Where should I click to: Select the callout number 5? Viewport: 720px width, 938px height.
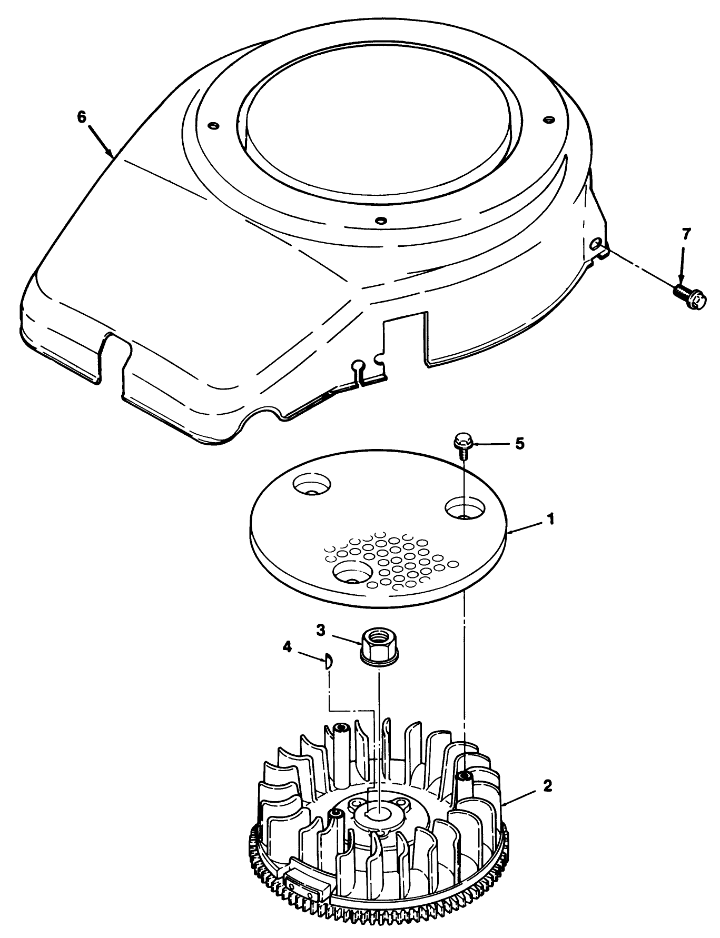pos(519,444)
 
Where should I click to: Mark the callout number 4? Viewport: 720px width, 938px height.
pos(287,646)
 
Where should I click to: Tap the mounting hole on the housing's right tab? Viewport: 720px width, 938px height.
pos(596,243)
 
